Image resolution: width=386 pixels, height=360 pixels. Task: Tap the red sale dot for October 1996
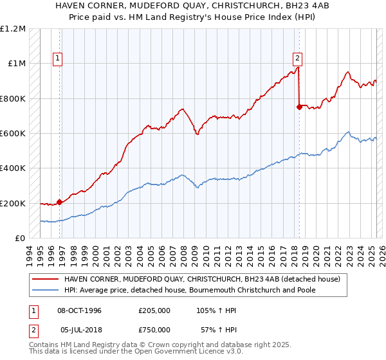59,202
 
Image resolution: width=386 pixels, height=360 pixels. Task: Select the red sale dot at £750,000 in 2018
299,107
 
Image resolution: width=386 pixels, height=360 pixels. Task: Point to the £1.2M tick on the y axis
13,29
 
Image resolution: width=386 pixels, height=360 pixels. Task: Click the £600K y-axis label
13,134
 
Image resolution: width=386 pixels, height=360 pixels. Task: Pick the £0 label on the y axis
19,239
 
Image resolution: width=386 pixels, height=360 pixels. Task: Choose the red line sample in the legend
45,279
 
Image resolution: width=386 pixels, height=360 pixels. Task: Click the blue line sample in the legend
45,290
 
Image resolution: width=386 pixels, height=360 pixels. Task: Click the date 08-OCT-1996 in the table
80,310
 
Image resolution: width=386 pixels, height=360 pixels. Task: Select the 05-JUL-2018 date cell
82,330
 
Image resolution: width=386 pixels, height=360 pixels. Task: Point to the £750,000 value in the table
154,330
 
